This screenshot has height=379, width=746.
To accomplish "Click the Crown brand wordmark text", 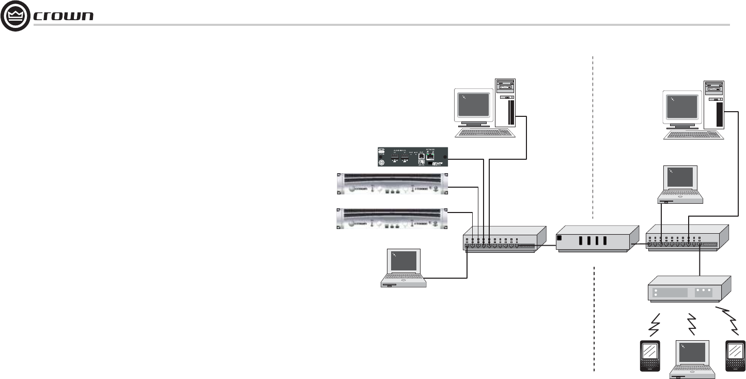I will (x=63, y=17).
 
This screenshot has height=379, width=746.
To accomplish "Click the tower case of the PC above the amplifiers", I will (x=506, y=102).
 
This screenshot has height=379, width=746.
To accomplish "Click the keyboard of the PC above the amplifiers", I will (x=486, y=132).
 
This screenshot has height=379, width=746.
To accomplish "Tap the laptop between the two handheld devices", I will (x=692, y=359).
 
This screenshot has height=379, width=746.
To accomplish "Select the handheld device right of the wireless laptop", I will (x=734, y=355).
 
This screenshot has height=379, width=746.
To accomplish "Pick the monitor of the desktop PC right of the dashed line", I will (x=682, y=107).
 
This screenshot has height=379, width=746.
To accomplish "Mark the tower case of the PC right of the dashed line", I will (x=715, y=103).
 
